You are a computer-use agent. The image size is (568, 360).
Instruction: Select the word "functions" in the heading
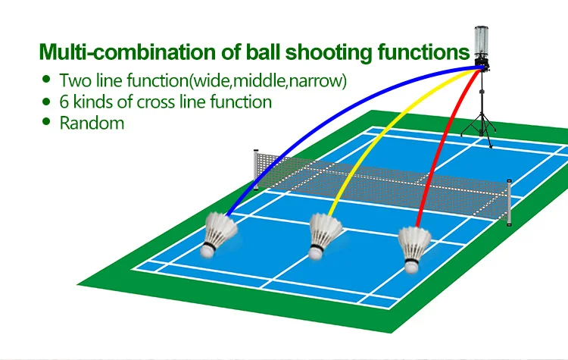coord(412,52)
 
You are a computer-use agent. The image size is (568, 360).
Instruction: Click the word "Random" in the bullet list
coord(92,123)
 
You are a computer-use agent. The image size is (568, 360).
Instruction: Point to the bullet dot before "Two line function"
coord(47,79)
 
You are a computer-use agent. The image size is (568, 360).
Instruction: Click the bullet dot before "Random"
coord(47,121)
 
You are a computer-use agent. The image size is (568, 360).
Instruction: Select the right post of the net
coord(510,200)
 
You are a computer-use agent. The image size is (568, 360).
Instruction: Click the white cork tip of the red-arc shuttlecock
coord(410,265)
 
